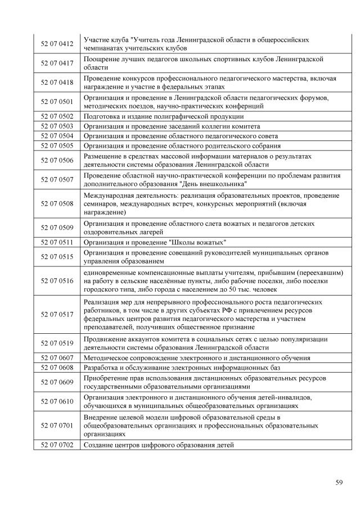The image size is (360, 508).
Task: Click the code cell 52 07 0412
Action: point(57,44)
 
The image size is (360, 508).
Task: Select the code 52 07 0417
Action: point(57,63)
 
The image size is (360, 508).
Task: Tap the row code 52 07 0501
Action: point(57,102)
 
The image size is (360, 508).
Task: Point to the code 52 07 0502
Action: point(57,116)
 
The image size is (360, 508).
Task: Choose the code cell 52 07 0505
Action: point(57,146)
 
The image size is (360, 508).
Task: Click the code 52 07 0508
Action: point(57,203)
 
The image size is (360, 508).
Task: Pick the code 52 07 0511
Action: point(57,242)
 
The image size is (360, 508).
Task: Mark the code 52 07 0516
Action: point(57,280)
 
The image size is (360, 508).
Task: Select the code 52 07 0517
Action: point(57,314)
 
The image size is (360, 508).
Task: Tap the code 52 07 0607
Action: point(57,357)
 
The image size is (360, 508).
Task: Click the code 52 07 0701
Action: point(57,426)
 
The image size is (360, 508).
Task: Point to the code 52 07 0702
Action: point(57,445)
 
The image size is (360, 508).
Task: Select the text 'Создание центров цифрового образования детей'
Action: point(159,445)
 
